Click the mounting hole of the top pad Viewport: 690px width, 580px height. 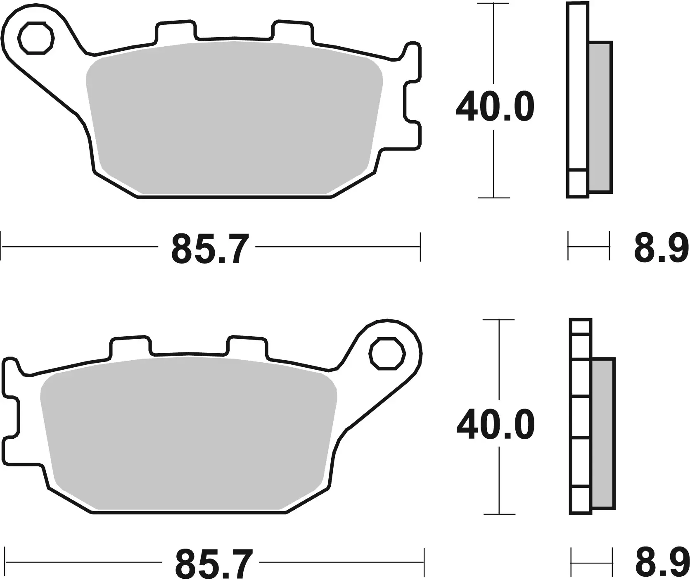tap(36, 40)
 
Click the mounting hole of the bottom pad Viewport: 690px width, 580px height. tap(387, 353)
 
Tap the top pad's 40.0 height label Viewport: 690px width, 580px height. tap(495, 107)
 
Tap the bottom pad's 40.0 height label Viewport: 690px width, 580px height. tap(495, 425)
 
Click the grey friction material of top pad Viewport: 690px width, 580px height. tap(233, 120)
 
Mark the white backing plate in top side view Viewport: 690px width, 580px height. tap(577, 91)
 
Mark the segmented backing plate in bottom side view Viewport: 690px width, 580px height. tap(581, 417)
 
